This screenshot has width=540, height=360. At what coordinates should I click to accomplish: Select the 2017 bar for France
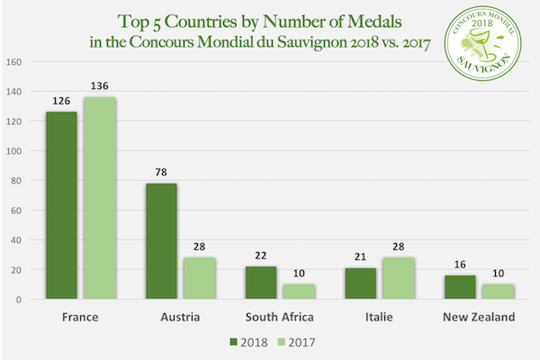click(100, 198)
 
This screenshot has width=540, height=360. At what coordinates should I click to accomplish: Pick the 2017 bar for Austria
click(198, 278)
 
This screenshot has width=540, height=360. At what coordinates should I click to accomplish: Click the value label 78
click(161, 174)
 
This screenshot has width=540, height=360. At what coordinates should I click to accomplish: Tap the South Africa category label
click(279, 318)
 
